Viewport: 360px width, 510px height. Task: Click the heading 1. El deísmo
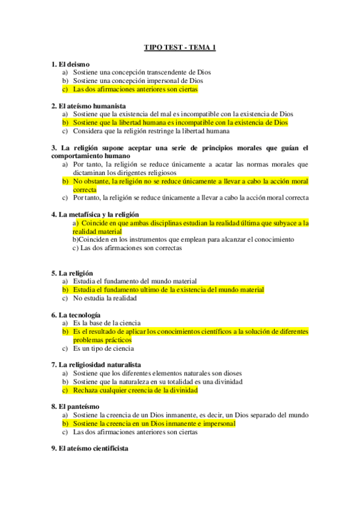pyautogui.click(x=70, y=64)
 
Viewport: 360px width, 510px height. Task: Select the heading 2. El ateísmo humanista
pyautogui.click(x=88, y=105)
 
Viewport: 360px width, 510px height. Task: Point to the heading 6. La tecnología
pyautogui.click(x=76, y=315)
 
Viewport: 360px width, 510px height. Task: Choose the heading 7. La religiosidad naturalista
pyautogui.click(x=97, y=364)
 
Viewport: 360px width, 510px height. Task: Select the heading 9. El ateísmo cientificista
pyautogui.click(x=90, y=448)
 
